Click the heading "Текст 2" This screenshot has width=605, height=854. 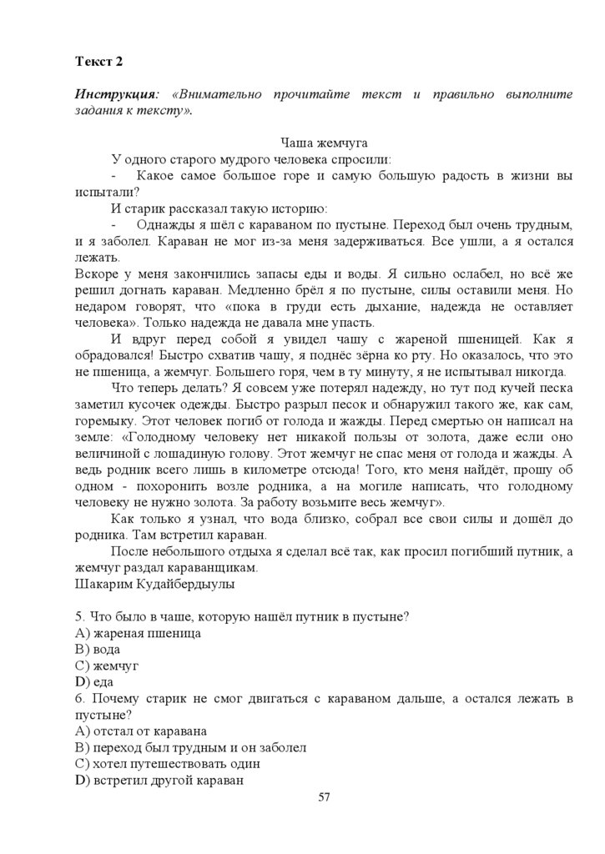tap(98, 62)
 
